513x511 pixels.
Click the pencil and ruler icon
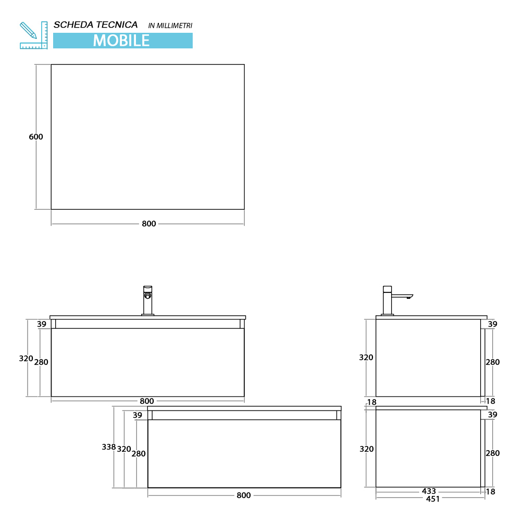[x=34, y=35]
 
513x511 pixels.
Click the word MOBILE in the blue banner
[x=121, y=41]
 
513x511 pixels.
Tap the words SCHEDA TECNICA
[x=95, y=25]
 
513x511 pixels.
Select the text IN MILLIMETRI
[x=170, y=25]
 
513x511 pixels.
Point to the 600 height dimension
[x=35, y=137]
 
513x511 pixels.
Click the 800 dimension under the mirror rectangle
[x=149, y=224]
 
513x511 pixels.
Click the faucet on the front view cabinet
[x=147, y=300]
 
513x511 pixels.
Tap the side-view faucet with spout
[x=397, y=300]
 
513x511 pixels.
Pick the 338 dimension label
[x=109, y=446]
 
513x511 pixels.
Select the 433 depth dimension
[x=429, y=491]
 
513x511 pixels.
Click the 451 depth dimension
[x=433, y=499]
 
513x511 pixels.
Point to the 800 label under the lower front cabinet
[x=244, y=495]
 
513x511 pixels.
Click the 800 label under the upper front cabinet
[x=147, y=401]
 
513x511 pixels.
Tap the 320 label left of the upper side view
[x=366, y=357]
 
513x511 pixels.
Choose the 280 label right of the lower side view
[x=493, y=453]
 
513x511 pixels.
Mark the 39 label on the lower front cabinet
[x=137, y=415]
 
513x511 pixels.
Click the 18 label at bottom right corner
[x=491, y=491]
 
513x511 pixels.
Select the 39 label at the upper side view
[x=492, y=324]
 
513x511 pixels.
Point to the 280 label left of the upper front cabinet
[x=41, y=362]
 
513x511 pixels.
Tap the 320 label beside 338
[x=124, y=449]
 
